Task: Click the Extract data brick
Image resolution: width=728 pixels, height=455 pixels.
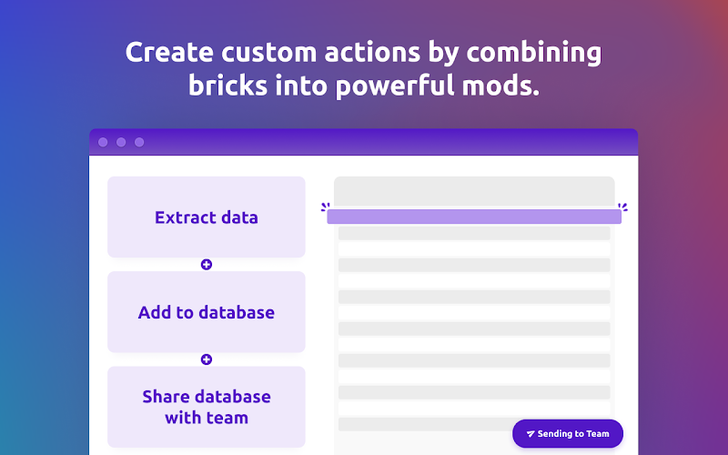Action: tap(207, 217)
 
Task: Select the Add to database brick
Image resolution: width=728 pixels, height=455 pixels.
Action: tap(207, 312)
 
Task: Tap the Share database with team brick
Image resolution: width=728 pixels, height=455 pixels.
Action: tap(207, 407)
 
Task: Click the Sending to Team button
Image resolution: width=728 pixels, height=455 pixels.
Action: tap(567, 434)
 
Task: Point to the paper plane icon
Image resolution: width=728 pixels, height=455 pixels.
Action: tap(531, 434)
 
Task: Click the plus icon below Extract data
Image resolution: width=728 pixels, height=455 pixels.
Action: tap(207, 265)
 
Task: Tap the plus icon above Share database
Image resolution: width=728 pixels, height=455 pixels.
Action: tap(207, 359)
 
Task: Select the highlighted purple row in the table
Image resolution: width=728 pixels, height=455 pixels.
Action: tap(474, 217)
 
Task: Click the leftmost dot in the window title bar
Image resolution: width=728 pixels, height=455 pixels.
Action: tap(103, 142)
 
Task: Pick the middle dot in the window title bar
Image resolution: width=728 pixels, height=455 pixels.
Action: tap(121, 142)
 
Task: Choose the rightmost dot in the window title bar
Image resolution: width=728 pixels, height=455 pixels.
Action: tap(139, 142)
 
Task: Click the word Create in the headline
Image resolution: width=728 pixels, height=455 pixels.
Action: tap(169, 52)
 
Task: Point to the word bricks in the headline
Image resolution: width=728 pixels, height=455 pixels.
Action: tap(228, 86)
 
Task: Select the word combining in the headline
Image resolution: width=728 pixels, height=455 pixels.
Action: tap(534, 53)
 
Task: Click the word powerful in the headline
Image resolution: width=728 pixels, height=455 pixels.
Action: tap(395, 86)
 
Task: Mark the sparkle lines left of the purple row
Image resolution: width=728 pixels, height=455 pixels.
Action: tap(326, 207)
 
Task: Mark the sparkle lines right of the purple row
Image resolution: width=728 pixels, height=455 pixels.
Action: tap(622, 207)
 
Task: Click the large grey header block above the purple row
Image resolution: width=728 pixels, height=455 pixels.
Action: tap(474, 191)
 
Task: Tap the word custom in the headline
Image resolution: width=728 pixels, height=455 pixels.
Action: tap(268, 53)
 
